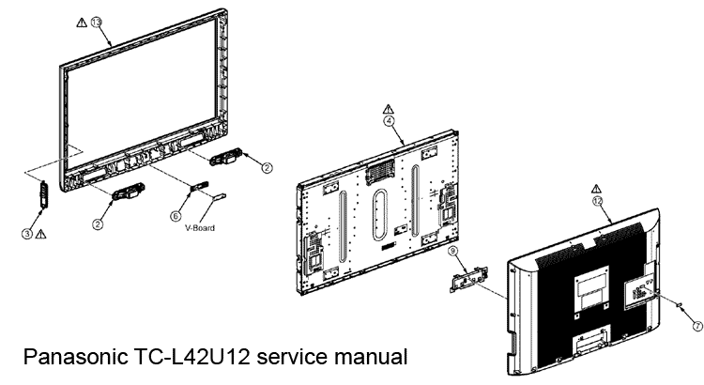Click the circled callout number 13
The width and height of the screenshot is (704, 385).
(97, 21)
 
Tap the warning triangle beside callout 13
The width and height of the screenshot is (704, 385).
(82, 20)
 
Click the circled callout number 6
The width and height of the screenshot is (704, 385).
(176, 215)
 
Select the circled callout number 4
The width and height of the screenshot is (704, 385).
(388, 121)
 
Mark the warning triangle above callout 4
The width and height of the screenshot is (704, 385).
(388, 106)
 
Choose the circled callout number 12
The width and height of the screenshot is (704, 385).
(597, 202)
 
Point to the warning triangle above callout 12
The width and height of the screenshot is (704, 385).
(597, 187)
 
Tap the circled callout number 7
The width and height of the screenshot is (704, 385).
(696, 326)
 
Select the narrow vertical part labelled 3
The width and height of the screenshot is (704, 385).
(41, 192)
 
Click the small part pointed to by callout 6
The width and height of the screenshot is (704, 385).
(198, 186)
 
